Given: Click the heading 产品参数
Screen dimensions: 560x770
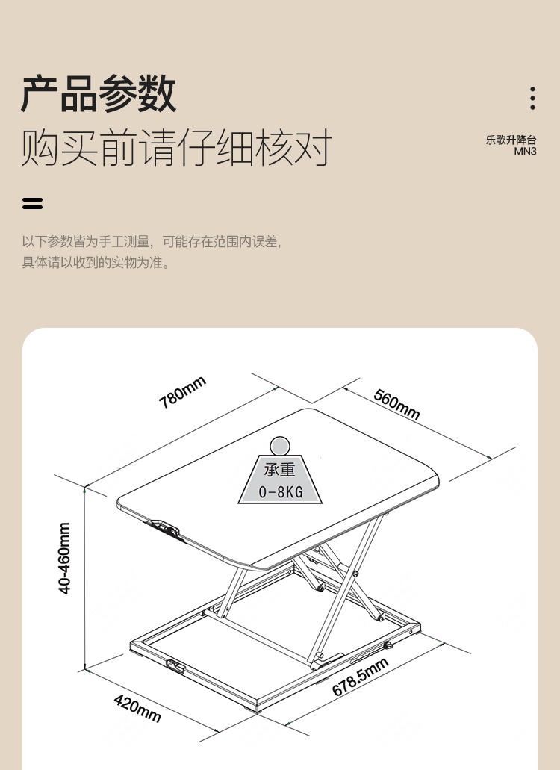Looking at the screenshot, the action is click(98, 93).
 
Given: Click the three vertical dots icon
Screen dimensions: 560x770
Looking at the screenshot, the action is click(532, 99).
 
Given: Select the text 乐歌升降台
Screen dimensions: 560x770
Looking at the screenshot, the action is click(511, 140).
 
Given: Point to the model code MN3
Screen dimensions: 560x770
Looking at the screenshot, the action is click(525, 152).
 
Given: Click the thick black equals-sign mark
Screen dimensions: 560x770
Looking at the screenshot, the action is click(32, 203).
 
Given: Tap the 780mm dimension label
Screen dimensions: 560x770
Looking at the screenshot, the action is click(182, 392).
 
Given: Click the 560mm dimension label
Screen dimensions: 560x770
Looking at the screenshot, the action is click(396, 404).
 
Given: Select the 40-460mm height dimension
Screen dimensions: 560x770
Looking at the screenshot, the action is click(64, 558).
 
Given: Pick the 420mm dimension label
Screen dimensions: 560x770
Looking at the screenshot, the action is click(137, 708).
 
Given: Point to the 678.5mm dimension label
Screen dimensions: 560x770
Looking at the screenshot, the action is click(360, 677).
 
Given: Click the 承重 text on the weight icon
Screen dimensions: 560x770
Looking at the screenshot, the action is click(280, 470).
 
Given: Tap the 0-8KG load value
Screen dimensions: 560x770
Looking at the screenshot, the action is click(280, 491).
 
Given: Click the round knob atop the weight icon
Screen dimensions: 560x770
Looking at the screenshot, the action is click(280, 447).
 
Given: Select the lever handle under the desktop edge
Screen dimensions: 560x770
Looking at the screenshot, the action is click(164, 528).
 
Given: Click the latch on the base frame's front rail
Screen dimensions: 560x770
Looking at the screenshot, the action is click(175, 666).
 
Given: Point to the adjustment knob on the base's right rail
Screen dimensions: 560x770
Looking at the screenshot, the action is click(388, 645).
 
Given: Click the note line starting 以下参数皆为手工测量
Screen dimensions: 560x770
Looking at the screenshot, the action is click(152, 242).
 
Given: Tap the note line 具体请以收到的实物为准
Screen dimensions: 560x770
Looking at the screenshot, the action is click(96, 262).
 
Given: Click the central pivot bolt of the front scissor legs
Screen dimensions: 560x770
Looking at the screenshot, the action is click(355, 573).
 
